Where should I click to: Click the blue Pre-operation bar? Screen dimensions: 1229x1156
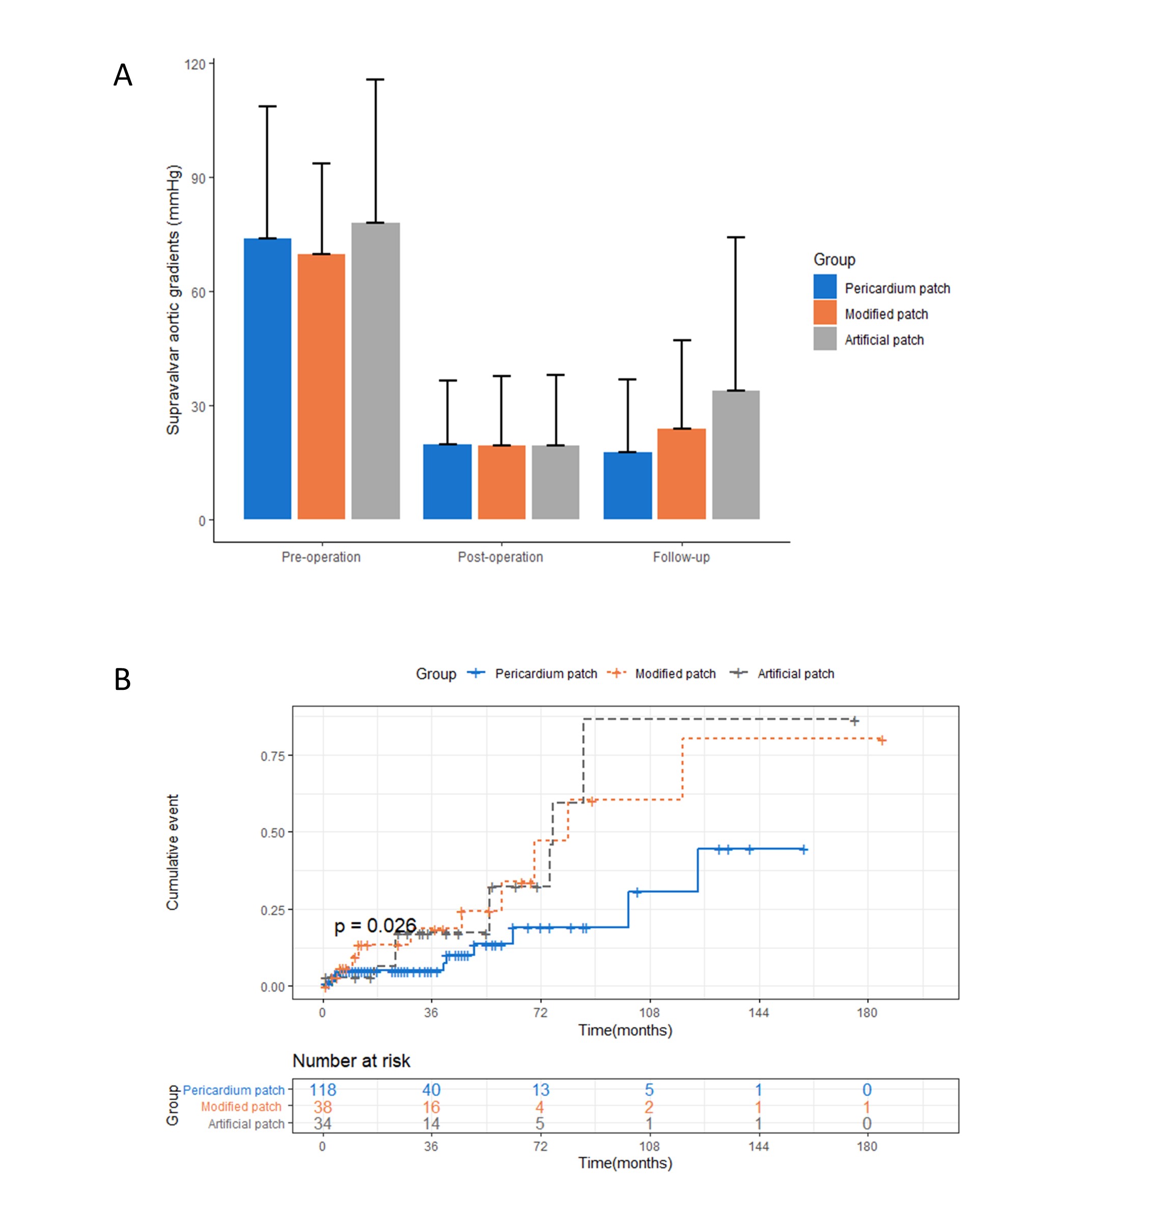[x=267, y=378]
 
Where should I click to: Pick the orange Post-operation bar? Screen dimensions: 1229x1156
[x=501, y=482]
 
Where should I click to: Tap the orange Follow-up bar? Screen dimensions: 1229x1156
[x=681, y=473]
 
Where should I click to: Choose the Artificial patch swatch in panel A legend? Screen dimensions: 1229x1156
[x=824, y=339]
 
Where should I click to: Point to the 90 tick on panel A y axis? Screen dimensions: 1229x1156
[x=199, y=178]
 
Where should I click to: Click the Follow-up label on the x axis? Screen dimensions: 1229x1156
[x=681, y=557]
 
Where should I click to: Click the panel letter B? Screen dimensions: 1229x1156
[x=122, y=679]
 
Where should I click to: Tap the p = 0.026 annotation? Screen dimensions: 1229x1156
[x=375, y=926]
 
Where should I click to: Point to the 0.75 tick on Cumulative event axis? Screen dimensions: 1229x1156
[x=273, y=756]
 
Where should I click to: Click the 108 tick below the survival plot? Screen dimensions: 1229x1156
[x=649, y=1013]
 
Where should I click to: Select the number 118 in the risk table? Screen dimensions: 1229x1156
[x=322, y=1090]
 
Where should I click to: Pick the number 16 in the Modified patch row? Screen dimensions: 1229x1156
[x=431, y=1107]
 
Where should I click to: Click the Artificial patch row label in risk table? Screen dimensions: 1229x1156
[x=246, y=1124]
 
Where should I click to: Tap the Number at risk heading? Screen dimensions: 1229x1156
[x=351, y=1061]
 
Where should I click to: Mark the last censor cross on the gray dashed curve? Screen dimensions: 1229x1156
[x=854, y=721]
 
